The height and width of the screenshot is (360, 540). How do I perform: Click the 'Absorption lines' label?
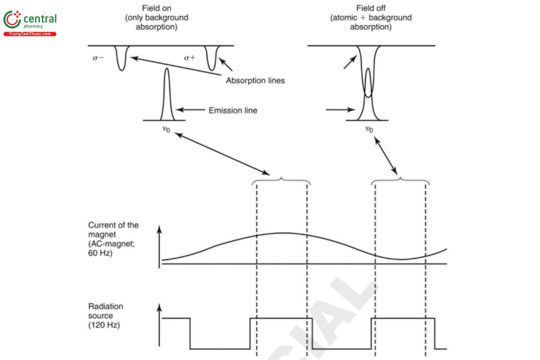[x=255, y=81]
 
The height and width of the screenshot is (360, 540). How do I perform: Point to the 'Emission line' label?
[x=233, y=110]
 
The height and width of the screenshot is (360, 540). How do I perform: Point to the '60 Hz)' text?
[x=100, y=253]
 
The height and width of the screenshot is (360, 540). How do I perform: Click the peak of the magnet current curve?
[x=282, y=233]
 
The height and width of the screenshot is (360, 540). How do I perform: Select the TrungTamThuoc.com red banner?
[x=30, y=34]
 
